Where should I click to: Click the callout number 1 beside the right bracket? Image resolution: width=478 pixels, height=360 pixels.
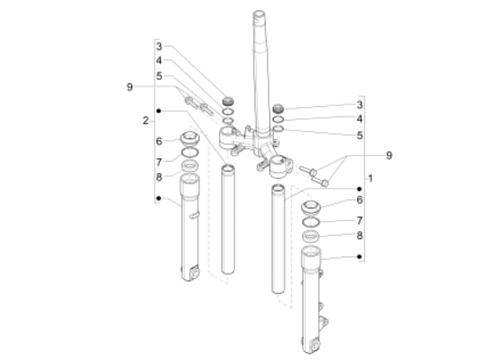point(370,178)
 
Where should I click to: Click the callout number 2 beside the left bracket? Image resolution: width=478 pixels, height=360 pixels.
point(146,121)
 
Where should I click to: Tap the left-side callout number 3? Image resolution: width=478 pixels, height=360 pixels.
point(159,47)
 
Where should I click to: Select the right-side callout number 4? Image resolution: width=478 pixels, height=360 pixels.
point(360,118)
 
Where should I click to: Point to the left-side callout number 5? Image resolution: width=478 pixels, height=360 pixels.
point(159,76)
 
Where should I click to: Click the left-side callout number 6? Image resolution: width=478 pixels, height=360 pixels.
point(159,141)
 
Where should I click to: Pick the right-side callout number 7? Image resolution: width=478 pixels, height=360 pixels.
point(360,220)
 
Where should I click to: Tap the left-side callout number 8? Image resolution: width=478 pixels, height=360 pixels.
point(159,177)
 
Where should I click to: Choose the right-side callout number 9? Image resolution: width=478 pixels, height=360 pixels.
point(389,156)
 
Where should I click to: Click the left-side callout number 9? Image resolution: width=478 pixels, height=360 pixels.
point(129,87)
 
